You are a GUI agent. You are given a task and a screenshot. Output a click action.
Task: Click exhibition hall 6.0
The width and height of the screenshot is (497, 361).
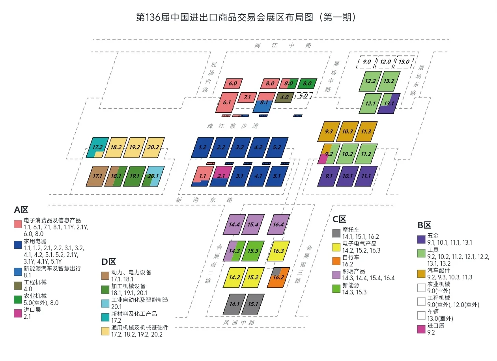(x=233, y=84)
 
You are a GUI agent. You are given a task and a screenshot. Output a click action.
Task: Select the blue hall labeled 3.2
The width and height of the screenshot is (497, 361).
(x=240, y=147)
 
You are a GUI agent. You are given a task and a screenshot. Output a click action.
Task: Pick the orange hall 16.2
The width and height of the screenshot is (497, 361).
(x=279, y=277)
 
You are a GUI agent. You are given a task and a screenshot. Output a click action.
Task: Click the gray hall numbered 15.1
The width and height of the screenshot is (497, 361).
(x=252, y=304)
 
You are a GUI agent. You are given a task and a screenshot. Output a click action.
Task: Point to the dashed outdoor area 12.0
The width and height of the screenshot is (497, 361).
(x=385, y=62)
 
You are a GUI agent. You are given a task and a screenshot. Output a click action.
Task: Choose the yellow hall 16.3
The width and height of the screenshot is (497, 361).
(x=278, y=251)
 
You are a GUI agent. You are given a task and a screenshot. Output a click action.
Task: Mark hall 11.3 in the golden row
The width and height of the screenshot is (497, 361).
(x=366, y=132)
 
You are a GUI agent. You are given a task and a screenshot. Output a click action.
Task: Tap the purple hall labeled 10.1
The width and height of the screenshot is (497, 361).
(x=347, y=176)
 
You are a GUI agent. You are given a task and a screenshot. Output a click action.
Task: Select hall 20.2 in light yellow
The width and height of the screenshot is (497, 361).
(x=153, y=147)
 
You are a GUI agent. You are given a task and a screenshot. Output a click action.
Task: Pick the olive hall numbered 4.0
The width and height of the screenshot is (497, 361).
(x=284, y=97)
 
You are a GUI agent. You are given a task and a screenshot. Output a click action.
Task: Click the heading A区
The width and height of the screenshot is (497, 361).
(x=21, y=210)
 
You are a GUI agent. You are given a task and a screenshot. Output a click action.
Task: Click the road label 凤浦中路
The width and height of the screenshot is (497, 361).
(x=239, y=323)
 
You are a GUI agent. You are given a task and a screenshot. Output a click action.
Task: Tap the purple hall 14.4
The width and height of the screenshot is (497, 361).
(x=234, y=225)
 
